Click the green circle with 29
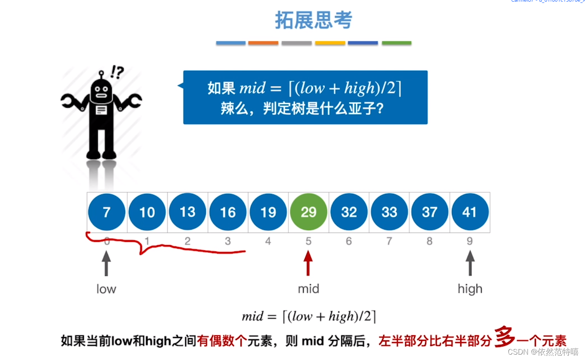click(309, 212)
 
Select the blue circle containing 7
click(107, 212)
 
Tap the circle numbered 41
click(470, 212)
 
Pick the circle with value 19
click(268, 212)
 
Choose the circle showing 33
click(389, 212)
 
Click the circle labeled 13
click(188, 212)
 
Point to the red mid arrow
click(308, 263)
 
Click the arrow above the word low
click(107, 263)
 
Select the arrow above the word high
click(470, 263)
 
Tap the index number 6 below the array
click(349, 241)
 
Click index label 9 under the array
click(470, 241)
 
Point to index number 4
click(268, 241)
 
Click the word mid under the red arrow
click(309, 289)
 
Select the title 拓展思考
click(314, 20)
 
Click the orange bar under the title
click(263, 43)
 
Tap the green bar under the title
click(397, 43)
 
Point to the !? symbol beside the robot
click(117, 72)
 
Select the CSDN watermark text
click(543, 352)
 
